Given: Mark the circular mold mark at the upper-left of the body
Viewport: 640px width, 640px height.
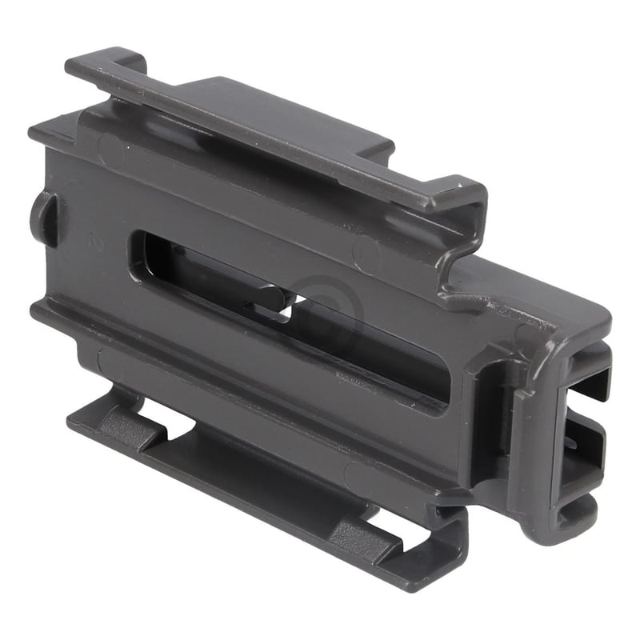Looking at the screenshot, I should click(x=112, y=149).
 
